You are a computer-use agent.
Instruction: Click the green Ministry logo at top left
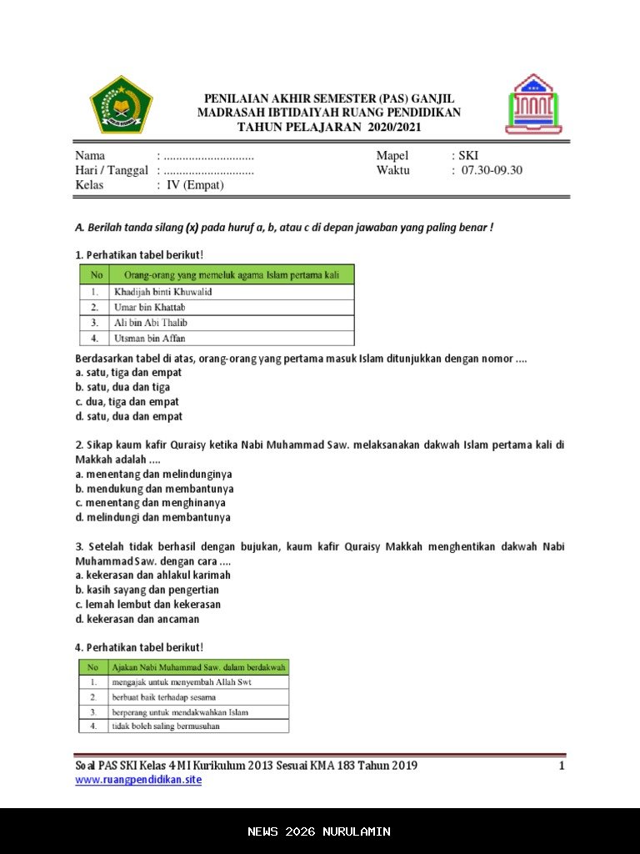pyautogui.click(x=121, y=104)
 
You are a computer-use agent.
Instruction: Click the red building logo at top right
pyautogui.click(x=533, y=104)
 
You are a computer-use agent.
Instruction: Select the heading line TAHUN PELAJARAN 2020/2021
pyautogui.click(x=329, y=128)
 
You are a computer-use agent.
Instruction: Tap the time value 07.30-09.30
pyautogui.click(x=491, y=170)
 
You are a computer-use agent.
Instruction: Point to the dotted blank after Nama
pyautogui.click(x=208, y=156)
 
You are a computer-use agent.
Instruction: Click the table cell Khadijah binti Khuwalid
pyautogui.click(x=162, y=292)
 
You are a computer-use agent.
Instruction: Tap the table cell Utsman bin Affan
pyautogui.click(x=149, y=339)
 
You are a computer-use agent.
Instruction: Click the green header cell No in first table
pyautogui.click(x=97, y=274)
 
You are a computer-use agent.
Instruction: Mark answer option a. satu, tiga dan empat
pyautogui.click(x=128, y=373)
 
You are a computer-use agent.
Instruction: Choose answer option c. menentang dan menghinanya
pyautogui.click(x=150, y=503)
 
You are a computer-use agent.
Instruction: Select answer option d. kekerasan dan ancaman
pyautogui.click(x=137, y=619)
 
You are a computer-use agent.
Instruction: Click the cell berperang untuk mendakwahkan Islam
pyautogui.click(x=180, y=712)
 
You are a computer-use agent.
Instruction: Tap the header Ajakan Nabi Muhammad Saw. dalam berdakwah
pyautogui.click(x=198, y=667)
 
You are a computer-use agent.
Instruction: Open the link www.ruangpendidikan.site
pyautogui.click(x=138, y=780)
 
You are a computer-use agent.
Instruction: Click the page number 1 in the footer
pyautogui.click(x=562, y=766)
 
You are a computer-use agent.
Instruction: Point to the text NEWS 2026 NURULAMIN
pyautogui.click(x=319, y=831)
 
